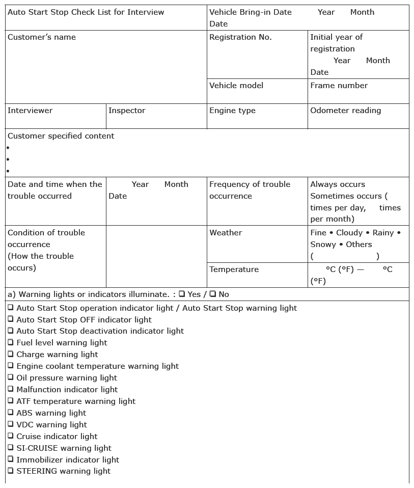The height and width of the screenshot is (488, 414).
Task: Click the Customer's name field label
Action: point(42,37)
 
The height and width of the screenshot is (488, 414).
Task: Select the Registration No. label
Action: point(240,37)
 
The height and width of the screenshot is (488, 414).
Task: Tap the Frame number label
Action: point(339,86)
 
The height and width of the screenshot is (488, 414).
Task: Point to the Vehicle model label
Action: point(236,86)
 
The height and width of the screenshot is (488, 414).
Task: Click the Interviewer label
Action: point(30,111)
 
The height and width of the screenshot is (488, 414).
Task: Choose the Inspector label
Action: point(127,111)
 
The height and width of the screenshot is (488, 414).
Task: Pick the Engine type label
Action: point(232,111)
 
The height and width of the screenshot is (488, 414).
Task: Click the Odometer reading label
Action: point(345,111)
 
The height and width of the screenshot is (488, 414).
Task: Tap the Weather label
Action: point(226,233)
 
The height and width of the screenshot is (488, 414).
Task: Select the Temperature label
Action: point(234,269)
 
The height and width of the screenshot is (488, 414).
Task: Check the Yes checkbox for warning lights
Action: point(182,294)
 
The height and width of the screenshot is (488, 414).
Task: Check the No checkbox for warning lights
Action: point(212,294)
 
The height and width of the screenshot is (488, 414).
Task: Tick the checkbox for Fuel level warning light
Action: point(11,342)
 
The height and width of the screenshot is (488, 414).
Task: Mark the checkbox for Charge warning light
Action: point(11,354)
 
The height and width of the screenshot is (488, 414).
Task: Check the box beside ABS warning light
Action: point(11,413)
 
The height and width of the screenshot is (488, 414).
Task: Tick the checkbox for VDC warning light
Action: point(11,424)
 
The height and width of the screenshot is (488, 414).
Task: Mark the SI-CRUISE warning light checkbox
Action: point(11,448)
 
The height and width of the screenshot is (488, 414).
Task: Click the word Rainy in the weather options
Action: point(383,233)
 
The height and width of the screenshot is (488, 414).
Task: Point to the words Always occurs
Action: point(338,184)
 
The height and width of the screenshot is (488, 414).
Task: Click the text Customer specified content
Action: point(61,136)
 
